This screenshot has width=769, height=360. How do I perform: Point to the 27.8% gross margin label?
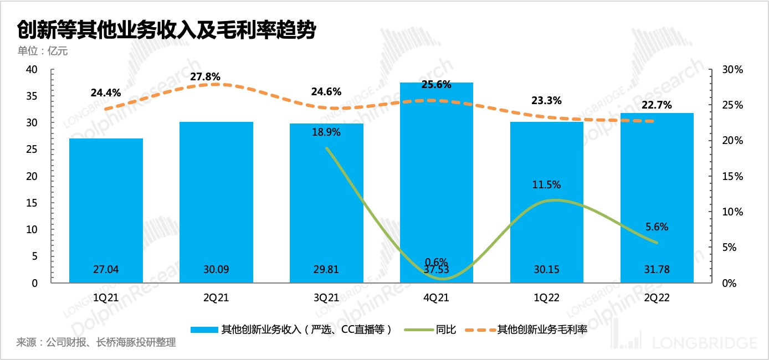point(205,76)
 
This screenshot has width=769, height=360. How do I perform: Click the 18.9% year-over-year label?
point(326,132)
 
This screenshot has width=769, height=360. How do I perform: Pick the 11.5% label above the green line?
point(546,184)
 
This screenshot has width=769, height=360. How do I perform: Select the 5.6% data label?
point(657,227)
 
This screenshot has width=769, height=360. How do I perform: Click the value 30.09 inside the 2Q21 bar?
point(216,270)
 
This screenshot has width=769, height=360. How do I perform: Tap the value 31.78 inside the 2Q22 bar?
point(657,270)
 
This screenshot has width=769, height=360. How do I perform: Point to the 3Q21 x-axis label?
point(326,298)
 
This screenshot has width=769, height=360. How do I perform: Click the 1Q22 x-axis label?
point(546,298)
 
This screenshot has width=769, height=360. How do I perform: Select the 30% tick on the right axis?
point(732,70)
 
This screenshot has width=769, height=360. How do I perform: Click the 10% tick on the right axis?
point(732,212)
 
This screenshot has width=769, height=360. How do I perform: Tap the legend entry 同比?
point(446,330)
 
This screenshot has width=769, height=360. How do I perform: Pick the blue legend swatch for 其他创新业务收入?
point(203,330)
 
